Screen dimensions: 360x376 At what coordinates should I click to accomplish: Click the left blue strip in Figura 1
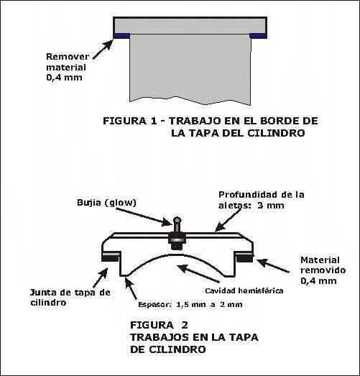pos(121,36)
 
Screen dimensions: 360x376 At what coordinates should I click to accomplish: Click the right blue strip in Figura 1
pos(258,36)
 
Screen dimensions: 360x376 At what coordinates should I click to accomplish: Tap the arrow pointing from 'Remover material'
pos(103,49)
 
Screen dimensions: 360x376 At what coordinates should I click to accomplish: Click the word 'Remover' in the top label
pos(68,57)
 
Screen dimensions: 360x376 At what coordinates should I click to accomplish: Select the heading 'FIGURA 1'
pos(124,121)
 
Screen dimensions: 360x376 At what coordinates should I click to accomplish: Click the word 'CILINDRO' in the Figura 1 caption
pos(276,133)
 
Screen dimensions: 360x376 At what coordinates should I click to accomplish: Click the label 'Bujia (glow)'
pos(106,203)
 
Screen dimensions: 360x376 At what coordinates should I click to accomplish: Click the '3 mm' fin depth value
pos(271,206)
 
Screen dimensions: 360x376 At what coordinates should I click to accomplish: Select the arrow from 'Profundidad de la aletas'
pos(228,221)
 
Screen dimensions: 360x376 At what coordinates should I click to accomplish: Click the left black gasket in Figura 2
pos(111,258)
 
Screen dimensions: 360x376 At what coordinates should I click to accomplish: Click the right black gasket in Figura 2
pos(245,258)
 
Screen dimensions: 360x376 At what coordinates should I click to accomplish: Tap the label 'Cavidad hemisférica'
pos(244,291)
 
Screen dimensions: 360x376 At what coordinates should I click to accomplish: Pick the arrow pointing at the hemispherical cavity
pos(198,273)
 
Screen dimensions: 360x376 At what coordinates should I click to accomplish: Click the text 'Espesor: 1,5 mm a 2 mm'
pos(190,305)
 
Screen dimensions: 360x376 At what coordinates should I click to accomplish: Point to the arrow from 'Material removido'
pos(273,266)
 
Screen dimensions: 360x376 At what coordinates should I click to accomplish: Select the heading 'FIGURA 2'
pos(159,326)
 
